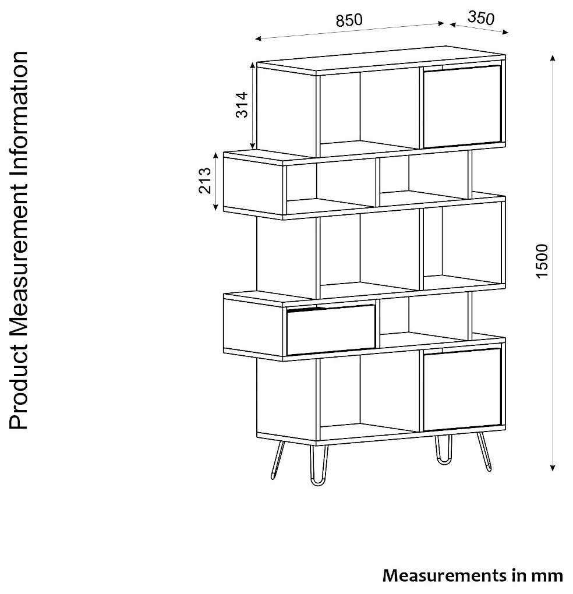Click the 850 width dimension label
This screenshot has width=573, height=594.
pyautogui.click(x=349, y=20)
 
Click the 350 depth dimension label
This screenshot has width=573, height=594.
pyautogui.click(x=481, y=18)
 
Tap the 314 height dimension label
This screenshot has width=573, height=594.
pyautogui.click(x=242, y=105)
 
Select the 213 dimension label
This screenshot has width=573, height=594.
pyautogui.click(x=205, y=181)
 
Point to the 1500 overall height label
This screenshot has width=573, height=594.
pyautogui.click(x=542, y=261)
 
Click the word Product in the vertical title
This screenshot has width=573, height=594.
pyautogui.click(x=18, y=387)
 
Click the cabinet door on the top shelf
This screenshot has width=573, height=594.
pyautogui.click(x=462, y=107)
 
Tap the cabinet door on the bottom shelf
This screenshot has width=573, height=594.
pyautogui.click(x=462, y=390)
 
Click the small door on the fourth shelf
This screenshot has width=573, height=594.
pyautogui.click(x=331, y=330)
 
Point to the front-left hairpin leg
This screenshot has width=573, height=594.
pyautogui.click(x=319, y=465)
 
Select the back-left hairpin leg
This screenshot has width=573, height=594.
pyautogui.click(x=277, y=459)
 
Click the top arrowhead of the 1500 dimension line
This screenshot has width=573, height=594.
pyautogui.click(x=553, y=58)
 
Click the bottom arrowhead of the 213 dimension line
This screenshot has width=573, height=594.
pyautogui.click(x=215, y=207)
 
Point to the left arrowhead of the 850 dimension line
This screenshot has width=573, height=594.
pyautogui.click(x=259, y=38)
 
